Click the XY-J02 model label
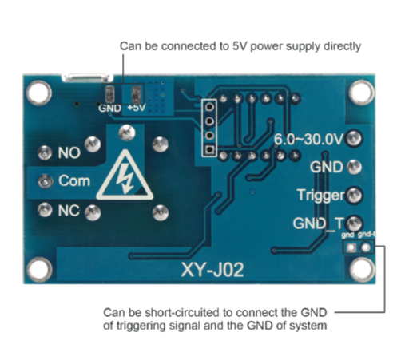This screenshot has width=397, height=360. [x=212, y=270]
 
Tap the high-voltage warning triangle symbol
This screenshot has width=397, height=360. [x=125, y=176]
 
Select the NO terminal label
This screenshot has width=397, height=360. [x=69, y=153]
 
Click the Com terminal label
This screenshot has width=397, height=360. [x=74, y=181]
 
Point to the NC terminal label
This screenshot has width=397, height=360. [x=69, y=211]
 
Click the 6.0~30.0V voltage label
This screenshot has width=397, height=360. [x=309, y=139]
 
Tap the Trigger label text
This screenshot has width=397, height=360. [x=320, y=196]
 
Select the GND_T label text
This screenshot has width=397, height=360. [x=319, y=224]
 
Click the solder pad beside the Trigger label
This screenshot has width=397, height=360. [x=354, y=195]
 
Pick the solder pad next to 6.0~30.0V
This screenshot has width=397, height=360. [x=354, y=138]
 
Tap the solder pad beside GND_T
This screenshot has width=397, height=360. [x=354, y=224]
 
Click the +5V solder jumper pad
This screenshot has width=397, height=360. [x=137, y=95]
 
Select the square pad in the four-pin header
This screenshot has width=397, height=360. [x=210, y=150]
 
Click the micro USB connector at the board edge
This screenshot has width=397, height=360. [x=88, y=77]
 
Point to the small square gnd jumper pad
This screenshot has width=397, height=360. [x=351, y=248]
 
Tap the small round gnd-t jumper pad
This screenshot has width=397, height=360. [x=366, y=248]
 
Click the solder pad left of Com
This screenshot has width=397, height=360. [x=46, y=181]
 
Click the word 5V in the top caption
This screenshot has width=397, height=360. [x=240, y=46]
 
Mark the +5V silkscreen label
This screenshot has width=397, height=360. [x=137, y=108]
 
